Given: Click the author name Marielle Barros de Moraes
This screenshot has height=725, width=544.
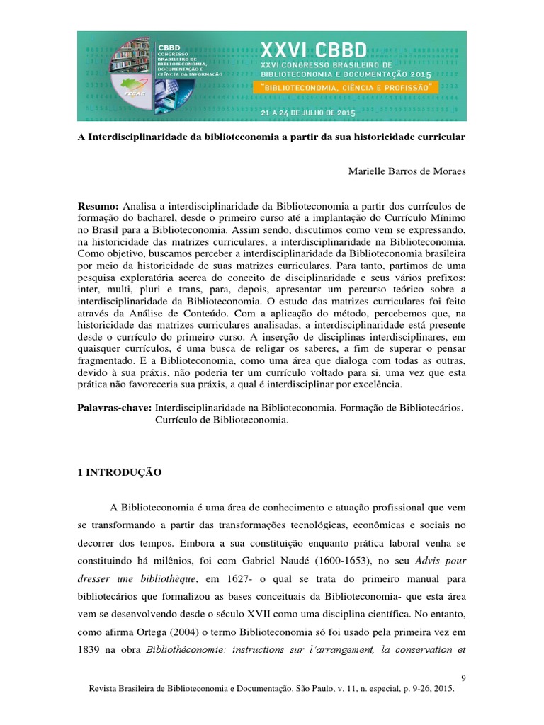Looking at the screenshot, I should point(407,172).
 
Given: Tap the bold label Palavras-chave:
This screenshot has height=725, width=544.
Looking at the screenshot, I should point(114,409).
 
